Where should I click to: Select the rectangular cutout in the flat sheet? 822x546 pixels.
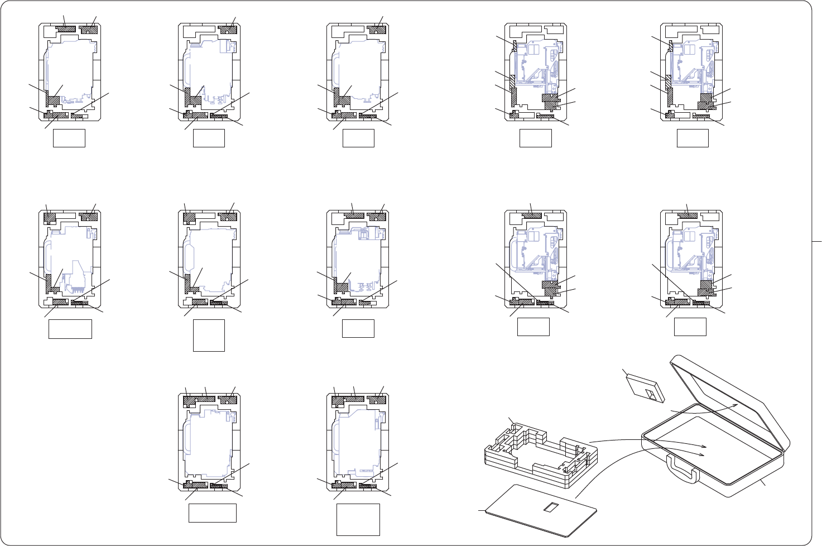tap(551, 507)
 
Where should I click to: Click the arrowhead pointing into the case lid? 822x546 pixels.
tap(736, 404)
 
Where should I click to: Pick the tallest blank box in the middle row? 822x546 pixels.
tap(209, 335)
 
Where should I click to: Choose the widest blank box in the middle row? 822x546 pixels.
tap(70, 329)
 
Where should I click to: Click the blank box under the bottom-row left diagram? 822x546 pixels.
tap(212, 513)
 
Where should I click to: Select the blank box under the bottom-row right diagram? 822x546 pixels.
tap(358, 519)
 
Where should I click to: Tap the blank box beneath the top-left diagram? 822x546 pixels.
tap(69, 138)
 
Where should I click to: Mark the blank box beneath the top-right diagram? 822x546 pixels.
tap(692, 138)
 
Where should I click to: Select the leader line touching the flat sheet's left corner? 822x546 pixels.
tap(482, 510)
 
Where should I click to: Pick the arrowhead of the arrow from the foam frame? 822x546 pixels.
tap(705, 447)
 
